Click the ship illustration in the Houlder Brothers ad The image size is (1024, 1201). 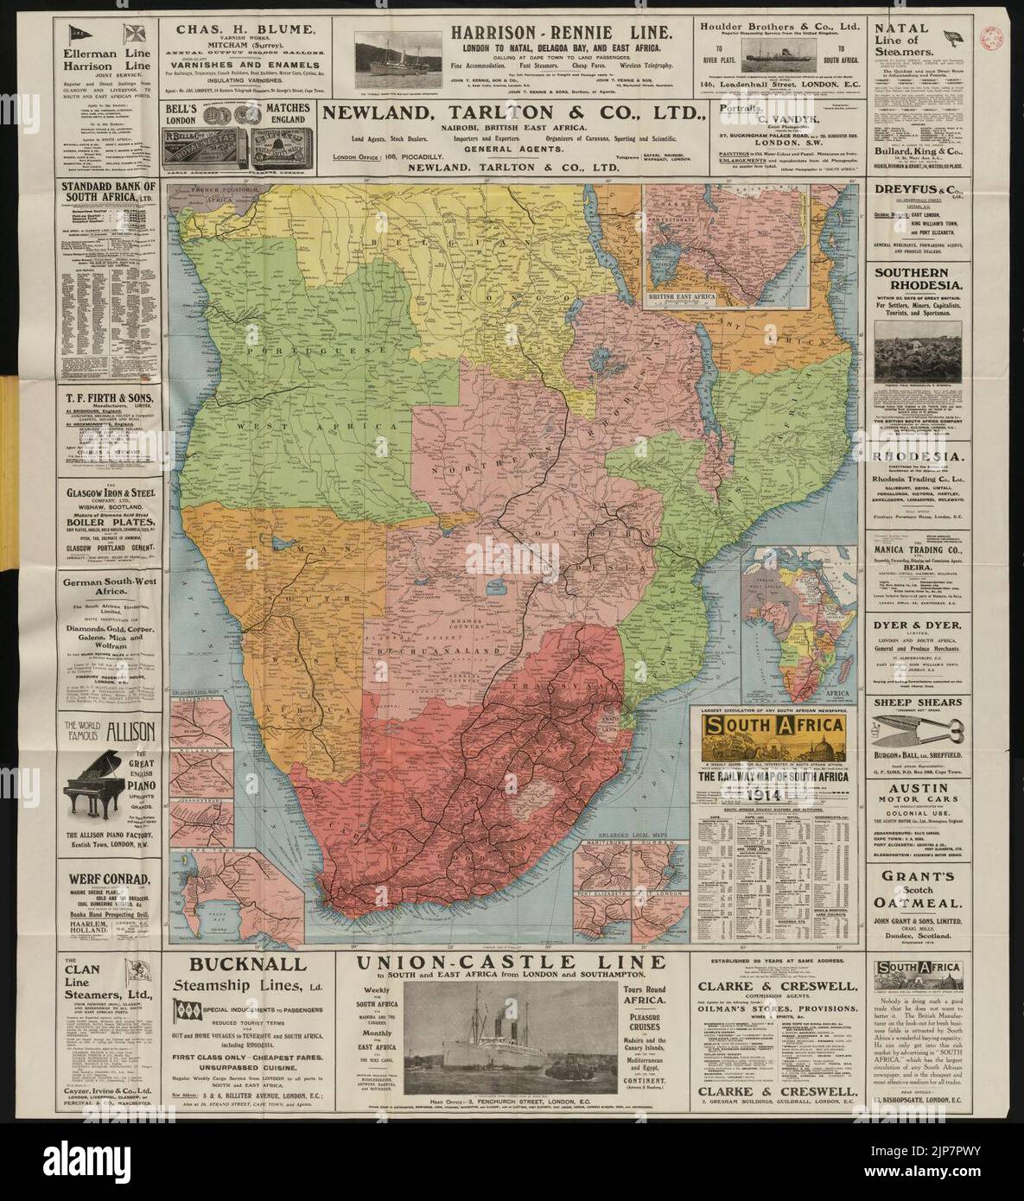pos(775,50)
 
